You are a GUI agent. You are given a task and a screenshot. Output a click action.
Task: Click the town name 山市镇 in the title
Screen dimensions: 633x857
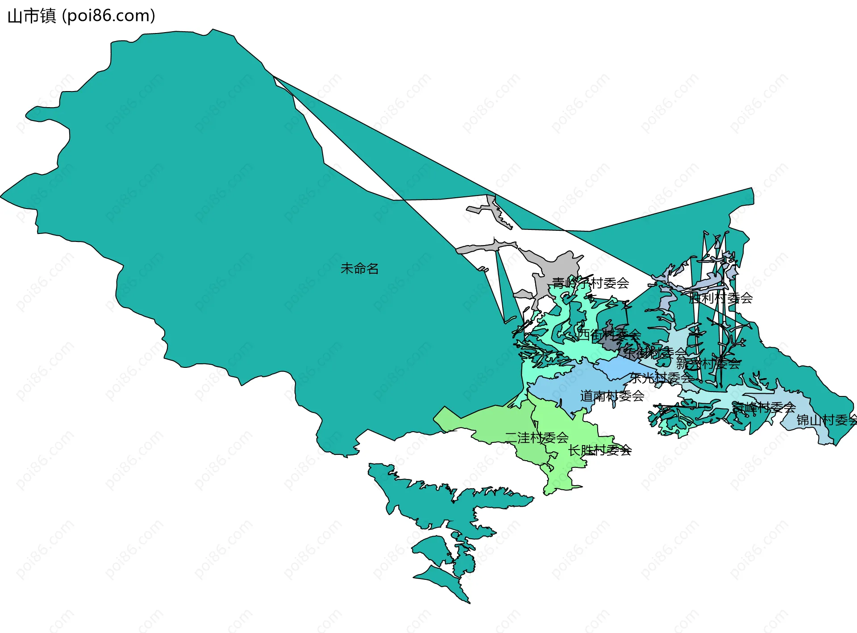[x=31, y=16]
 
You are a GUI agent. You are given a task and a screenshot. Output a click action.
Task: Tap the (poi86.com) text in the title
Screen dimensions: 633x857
[x=108, y=16]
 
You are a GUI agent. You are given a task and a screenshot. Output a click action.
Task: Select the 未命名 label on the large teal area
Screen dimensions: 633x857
[x=359, y=268]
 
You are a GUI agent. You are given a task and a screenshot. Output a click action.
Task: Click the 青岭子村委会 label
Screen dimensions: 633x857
[x=590, y=283]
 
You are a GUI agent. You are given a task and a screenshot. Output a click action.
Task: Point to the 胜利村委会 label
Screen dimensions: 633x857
[x=720, y=298]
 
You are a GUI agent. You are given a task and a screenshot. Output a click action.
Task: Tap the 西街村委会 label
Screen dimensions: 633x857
[x=609, y=334]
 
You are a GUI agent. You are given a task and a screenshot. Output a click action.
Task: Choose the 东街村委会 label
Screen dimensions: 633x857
[x=655, y=353]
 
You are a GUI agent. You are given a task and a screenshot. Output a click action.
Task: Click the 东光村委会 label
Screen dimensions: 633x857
[x=661, y=378]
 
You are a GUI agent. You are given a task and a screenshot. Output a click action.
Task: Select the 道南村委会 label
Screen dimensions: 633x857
[x=612, y=396]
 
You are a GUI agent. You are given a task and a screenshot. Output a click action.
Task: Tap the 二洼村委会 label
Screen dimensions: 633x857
[x=537, y=437]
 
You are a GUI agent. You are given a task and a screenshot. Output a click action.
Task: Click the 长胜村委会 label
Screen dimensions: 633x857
[x=599, y=450]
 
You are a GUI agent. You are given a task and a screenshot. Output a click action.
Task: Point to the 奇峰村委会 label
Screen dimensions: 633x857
[x=764, y=407]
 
